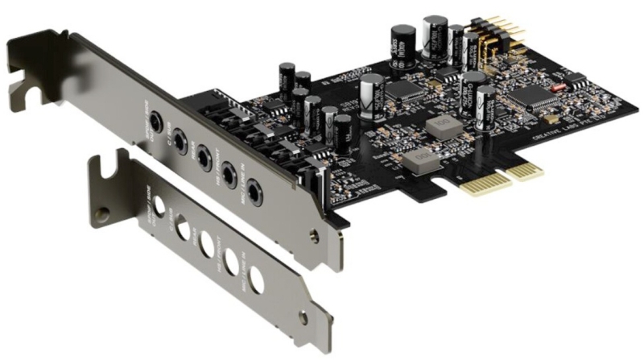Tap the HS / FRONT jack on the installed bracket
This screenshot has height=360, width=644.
click(x=229, y=172)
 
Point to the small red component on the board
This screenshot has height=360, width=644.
click(x=556, y=85)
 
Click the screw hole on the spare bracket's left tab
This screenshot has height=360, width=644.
click(x=103, y=215)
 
